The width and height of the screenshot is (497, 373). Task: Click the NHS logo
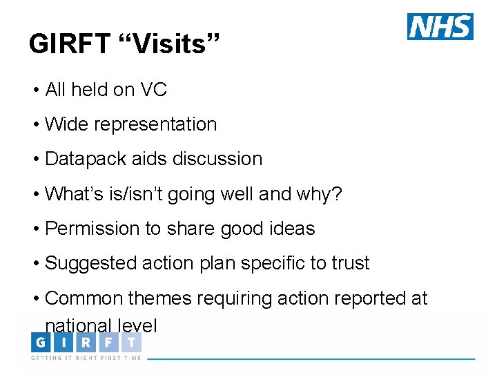pos(440,26)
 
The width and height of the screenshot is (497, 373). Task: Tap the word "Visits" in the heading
pos(169,44)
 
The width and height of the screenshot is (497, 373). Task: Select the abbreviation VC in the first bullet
pos(154,90)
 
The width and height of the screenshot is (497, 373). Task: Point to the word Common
pos(84,298)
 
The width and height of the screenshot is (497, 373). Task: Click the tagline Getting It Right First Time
pos(86,358)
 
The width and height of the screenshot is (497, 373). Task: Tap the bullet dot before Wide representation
pos(35,125)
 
